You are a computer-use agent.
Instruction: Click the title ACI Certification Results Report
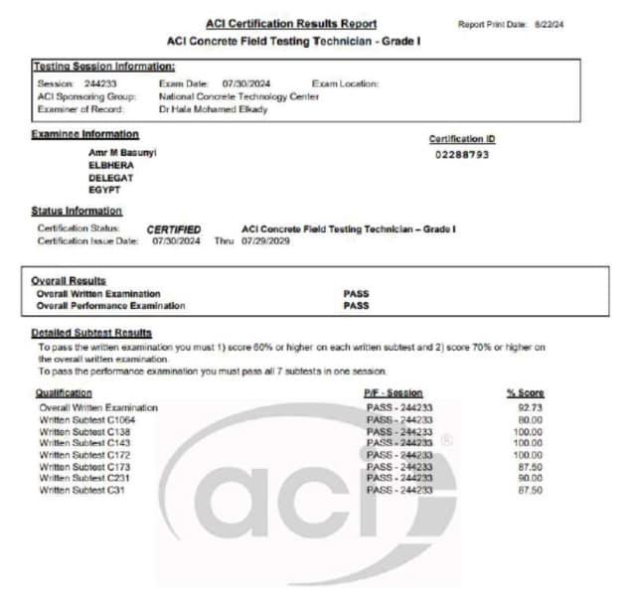(291, 24)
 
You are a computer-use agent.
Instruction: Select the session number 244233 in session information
(100, 84)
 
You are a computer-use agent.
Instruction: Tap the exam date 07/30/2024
(246, 84)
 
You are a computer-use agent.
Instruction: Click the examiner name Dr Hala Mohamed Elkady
(213, 109)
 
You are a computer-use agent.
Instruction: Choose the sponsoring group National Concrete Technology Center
(238, 96)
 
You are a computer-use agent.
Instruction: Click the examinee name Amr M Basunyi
(122, 153)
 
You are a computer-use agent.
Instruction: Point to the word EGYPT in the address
(104, 189)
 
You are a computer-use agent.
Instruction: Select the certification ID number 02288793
(462, 155)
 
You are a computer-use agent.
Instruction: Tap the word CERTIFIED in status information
(174, 229)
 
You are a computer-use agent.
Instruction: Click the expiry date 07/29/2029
(265, 241)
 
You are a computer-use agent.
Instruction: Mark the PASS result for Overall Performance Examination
(356, 306)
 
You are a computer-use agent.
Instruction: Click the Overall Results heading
(69, 281)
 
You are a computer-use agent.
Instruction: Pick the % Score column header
(525, 393)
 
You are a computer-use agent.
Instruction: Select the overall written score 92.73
(529, 407)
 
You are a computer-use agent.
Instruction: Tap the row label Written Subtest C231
(85, 478)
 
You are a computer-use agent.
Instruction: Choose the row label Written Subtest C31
(82, 490)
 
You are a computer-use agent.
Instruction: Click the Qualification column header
(64, 393)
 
